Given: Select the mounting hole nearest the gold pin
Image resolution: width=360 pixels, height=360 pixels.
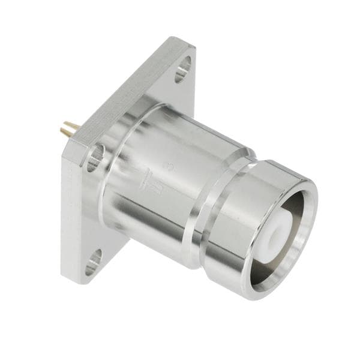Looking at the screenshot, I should (95, 158).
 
